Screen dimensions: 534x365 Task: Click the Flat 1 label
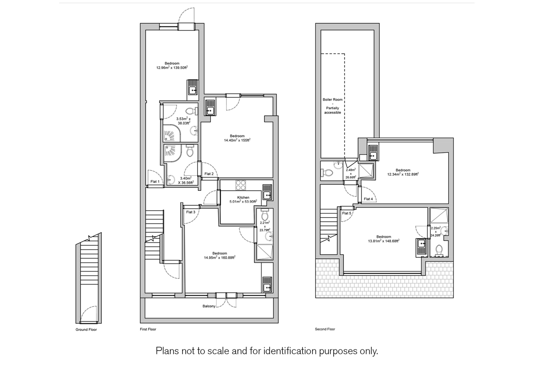click(x=155, y=182)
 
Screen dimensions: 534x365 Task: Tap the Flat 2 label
click(x=209, y=174)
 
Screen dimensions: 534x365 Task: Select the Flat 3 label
click(x=191, y=212)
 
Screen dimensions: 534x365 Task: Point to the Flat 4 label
click(x=368, y=199)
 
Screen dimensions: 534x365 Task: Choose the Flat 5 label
click(x=347, y=213)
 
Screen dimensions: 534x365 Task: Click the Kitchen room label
click(x=243, y=198)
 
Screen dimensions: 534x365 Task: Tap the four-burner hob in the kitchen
click(x=241, y=185)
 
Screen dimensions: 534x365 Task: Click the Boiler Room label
click(x=333, y=99)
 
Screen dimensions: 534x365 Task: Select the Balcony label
click(x=209, y=306)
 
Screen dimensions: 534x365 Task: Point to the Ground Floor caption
click(x=86, y=329)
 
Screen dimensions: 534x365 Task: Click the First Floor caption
click(x=148, y=329)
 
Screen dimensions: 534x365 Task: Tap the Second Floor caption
click(x=325, y=329)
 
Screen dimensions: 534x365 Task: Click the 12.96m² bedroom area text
click(x=172, y=68)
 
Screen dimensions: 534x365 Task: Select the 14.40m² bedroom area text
click(x=237, y=140)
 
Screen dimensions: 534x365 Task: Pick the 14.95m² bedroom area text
click(x=220, y=257)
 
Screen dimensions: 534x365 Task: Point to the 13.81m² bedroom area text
click(x=384, y=241)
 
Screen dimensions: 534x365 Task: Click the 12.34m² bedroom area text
click(x=403, y=174)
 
